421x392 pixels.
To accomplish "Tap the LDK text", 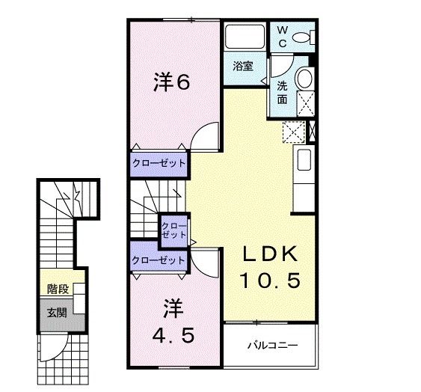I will [270, 254].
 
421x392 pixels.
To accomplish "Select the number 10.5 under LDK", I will [270, 281].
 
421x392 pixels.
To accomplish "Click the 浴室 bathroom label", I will [243, 66].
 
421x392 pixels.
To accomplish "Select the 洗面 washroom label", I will [283, 91].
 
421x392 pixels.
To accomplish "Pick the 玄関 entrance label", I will [56, 312].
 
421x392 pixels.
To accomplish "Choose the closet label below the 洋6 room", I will [159, 162].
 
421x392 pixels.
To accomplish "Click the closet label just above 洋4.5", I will [158, 260].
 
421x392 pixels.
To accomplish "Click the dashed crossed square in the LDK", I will [292, 132].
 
